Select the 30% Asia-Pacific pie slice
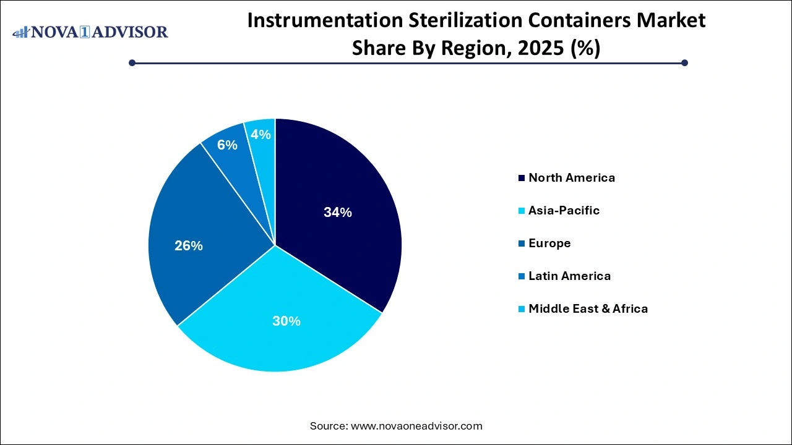(x=278, y=334)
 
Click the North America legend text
(x=572, y=178)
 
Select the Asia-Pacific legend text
(x=564, y=211)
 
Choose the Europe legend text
(x=549, y=244)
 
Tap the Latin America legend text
(x=569, y=276)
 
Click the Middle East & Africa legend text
(x=588, y=309)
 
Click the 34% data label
(x=338, y=213)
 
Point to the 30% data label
(x=286, y=321)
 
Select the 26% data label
(x=189, y=246)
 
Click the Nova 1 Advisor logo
(x=90, y=32)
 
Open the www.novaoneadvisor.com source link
(x=416, y=426)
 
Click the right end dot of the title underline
(x=684, y=62)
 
